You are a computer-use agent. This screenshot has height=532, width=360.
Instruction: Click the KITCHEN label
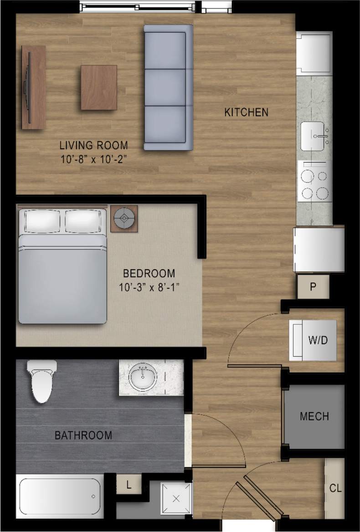click(x=246, y=112)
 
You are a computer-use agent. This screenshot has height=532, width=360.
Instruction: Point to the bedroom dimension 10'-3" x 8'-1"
click(x=149, y=287)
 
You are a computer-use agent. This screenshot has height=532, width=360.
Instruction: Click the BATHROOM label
click(x=83, y=435)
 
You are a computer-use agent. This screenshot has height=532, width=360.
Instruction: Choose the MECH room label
click(x=314, y=416)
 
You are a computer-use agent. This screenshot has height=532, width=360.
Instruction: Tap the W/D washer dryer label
click(x=319, y=340)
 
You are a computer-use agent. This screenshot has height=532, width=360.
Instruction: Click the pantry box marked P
click(x=313, y=287)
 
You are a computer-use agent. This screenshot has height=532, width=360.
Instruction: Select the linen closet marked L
click(x=129, y=485)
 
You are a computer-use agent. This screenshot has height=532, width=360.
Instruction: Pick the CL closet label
click(x=335, y=488)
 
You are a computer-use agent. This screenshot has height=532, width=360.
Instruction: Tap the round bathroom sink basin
click(x=143, y=378)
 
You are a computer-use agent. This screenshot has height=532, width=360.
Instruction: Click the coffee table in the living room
click(x=99, y=87)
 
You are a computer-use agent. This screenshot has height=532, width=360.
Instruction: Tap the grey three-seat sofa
click(x=168, y=87)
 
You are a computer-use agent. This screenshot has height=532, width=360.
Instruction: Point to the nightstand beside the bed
click(x=124, y=219)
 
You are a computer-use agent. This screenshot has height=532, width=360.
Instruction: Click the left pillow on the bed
click(x=42, y=221)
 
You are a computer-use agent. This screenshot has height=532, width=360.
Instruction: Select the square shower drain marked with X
click(x=177, y=499)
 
